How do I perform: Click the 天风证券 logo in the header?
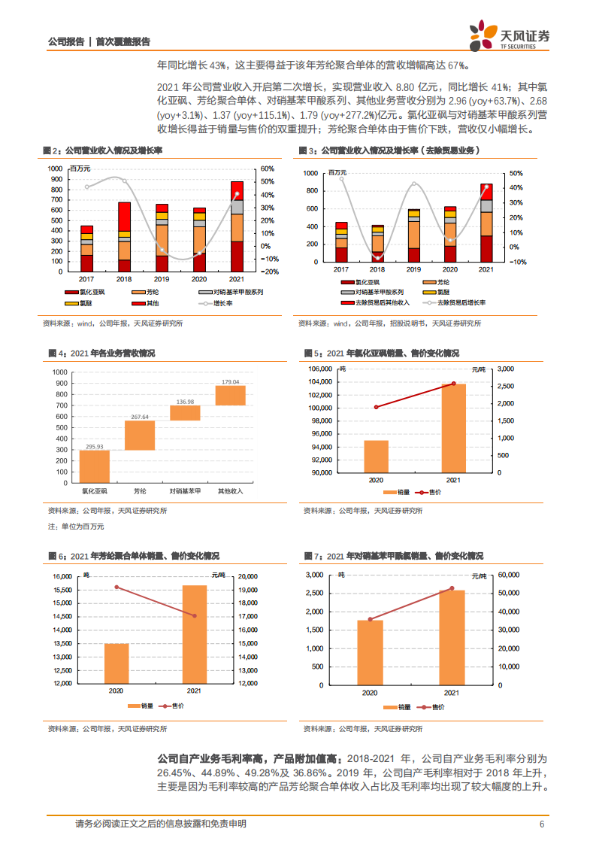click(x=509, y=36)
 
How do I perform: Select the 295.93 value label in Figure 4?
click(x=95, y=447)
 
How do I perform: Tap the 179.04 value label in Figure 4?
click(x=230, y=382)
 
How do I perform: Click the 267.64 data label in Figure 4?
click(x=140, y=417)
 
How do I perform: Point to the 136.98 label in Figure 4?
click(x=185, y=402)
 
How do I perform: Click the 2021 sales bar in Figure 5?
click(x=453, y=429)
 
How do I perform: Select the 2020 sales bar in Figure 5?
click(x=376, y=457)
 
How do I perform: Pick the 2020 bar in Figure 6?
click(x=116, y=663)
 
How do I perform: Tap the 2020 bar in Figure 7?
click(x=370, y=653)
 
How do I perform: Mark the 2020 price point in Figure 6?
click(x=116, y=587)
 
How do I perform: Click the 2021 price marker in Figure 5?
click(x=453, y=384)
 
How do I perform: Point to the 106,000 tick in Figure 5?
click(x=319, y=369)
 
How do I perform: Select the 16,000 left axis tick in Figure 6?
click(x=61, y=576)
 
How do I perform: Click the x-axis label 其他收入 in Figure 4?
click(x=230, y=490)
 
